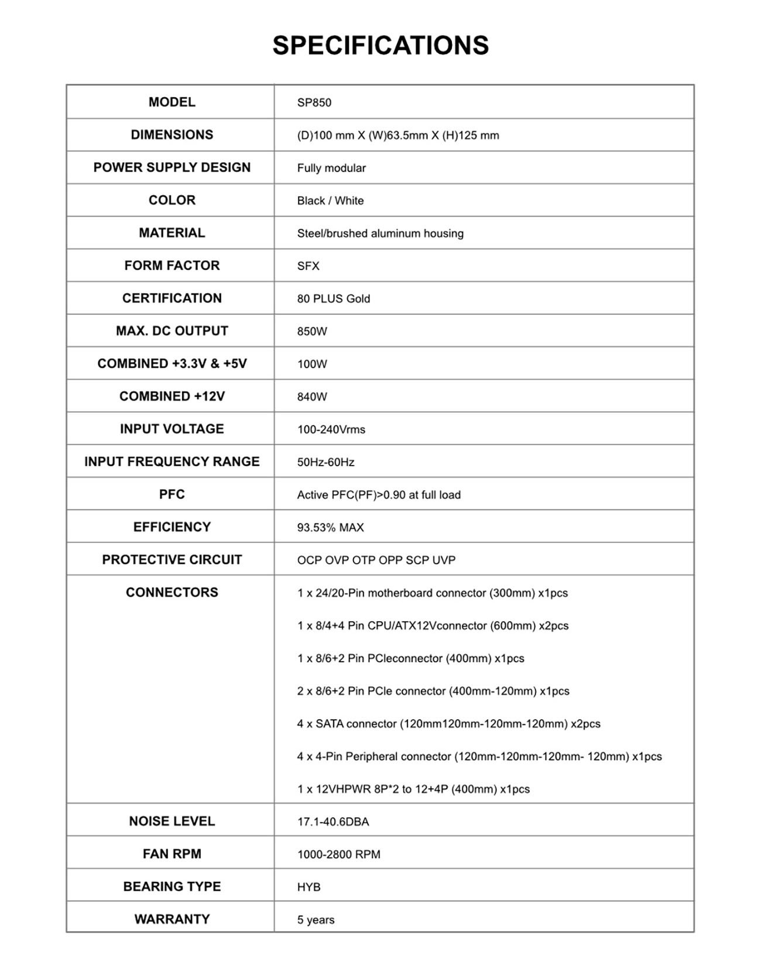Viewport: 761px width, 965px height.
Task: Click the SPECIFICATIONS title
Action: (x=380, y=46)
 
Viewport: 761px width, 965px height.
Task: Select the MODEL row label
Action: (x=172, y=102)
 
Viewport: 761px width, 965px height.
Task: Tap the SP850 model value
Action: (x=314, y=102)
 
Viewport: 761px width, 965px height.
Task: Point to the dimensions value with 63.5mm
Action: (x=398, y=135)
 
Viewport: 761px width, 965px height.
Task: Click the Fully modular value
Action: (x=331, y=168)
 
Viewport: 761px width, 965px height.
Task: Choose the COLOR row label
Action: (x=172, y=200)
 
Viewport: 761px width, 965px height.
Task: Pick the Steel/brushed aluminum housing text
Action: (x=380, y=233)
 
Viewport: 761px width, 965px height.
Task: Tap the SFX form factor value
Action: (x=308, y=266)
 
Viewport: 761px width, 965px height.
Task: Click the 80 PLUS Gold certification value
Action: (x=333, y=299)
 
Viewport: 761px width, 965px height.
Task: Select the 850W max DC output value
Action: (x=312, y=331)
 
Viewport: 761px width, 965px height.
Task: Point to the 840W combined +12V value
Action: (x=312, y=396)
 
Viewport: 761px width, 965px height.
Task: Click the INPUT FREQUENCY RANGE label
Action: (x=172, y=461)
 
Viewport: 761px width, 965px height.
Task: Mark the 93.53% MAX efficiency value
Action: (x=330, y=528)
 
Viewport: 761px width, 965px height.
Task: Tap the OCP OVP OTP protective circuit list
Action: (x=376, y=560)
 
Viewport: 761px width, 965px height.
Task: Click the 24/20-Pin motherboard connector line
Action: (x=432, y=593)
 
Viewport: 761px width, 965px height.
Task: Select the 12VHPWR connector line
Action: (x=413, y=789)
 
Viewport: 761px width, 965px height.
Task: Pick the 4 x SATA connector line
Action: (x=448, y=724)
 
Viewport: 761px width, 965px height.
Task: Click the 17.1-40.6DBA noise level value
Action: (x=332, y=822)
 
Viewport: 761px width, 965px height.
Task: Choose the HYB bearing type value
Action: (x=308, y=887)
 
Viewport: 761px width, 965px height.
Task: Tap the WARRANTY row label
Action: (x=172, y=919)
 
